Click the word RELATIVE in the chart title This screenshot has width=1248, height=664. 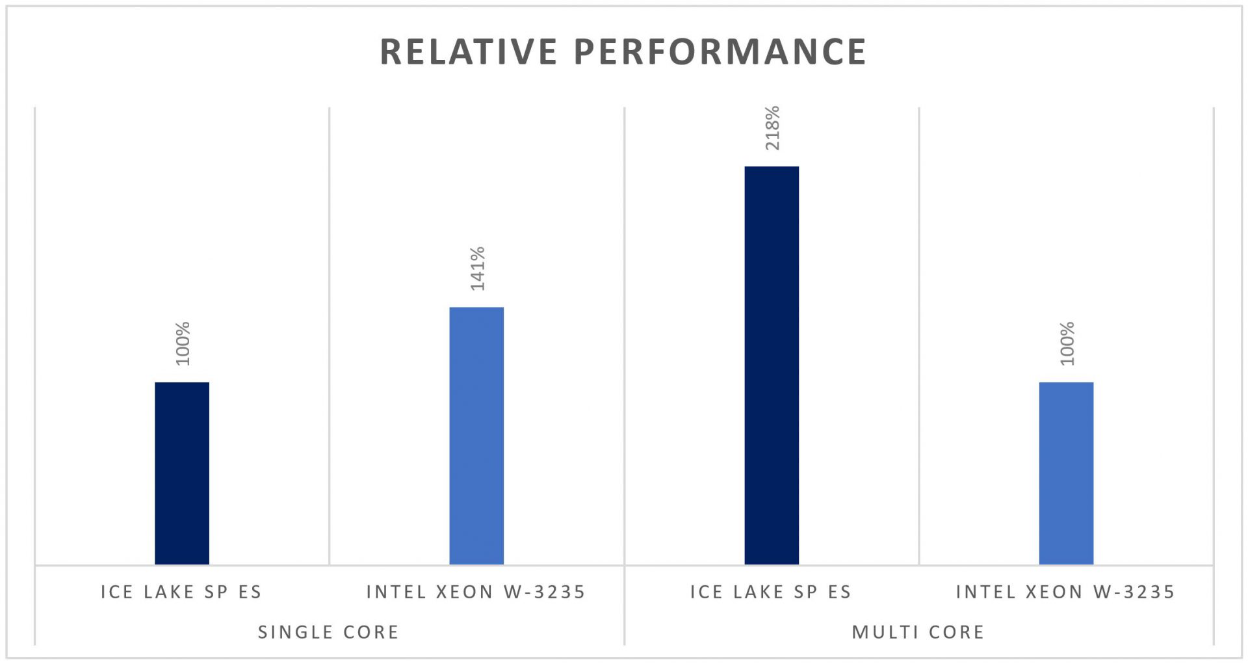pos(468,52)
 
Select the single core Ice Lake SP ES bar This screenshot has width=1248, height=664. pos(182,473)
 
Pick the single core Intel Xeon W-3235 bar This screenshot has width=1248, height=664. pos(476,436)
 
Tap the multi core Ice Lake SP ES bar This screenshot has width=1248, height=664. pos(772,365)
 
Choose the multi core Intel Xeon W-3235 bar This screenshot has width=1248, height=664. pos(1066,473)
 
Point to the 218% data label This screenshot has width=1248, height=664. pos(772,128)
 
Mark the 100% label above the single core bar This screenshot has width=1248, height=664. pos(183,343)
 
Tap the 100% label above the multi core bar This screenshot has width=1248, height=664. pos(1067,343)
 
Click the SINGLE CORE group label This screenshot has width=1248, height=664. pos(328,632)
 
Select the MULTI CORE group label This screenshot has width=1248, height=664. pos(918,632)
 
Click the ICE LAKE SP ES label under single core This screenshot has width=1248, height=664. pos(181,592)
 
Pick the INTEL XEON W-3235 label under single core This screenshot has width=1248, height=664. pos(476,592)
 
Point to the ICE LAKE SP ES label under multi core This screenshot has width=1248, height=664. pos(770,592)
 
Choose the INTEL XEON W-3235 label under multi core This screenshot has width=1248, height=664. pos(1065,592)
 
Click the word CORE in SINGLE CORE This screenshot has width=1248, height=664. pos(370,632)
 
